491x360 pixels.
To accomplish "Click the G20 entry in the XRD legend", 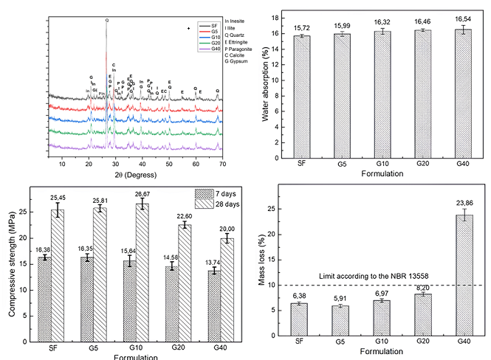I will (x=193, y=43).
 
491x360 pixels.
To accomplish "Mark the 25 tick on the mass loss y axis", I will (x=277, y=209).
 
